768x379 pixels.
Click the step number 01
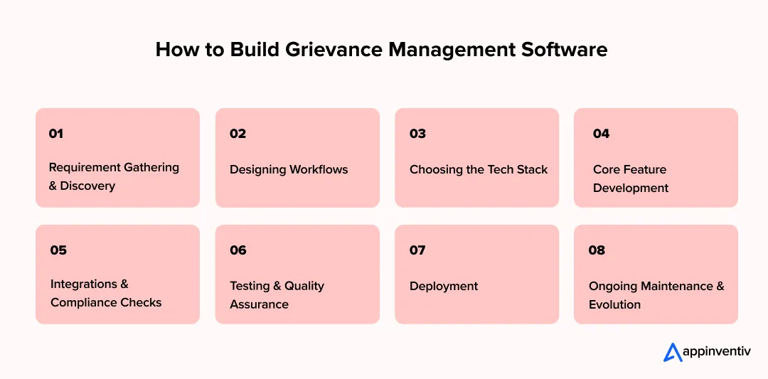point(56,134)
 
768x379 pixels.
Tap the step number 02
point(238,134)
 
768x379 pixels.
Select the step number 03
point(417,134)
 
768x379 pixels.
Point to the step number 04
point(601,134)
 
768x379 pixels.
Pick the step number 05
point(58,250)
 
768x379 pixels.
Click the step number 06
point(238,250)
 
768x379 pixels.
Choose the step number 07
point(417,250)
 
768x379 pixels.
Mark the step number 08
point(597,250)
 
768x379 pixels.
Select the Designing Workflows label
point(289,170)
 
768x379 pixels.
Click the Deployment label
point(444,287)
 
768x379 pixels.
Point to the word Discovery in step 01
point(87,186)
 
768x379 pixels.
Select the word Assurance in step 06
point(259,305)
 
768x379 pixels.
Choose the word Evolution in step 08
point(614,305)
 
